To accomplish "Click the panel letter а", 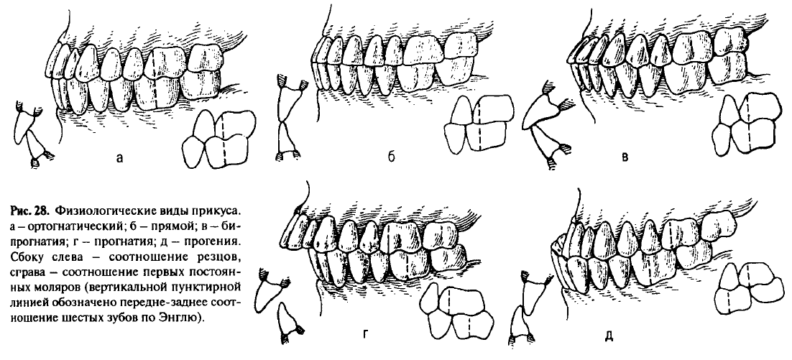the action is tap(119, 158).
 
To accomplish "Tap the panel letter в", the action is tap(625, 158).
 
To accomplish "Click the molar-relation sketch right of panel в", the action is tap(744, 125).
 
